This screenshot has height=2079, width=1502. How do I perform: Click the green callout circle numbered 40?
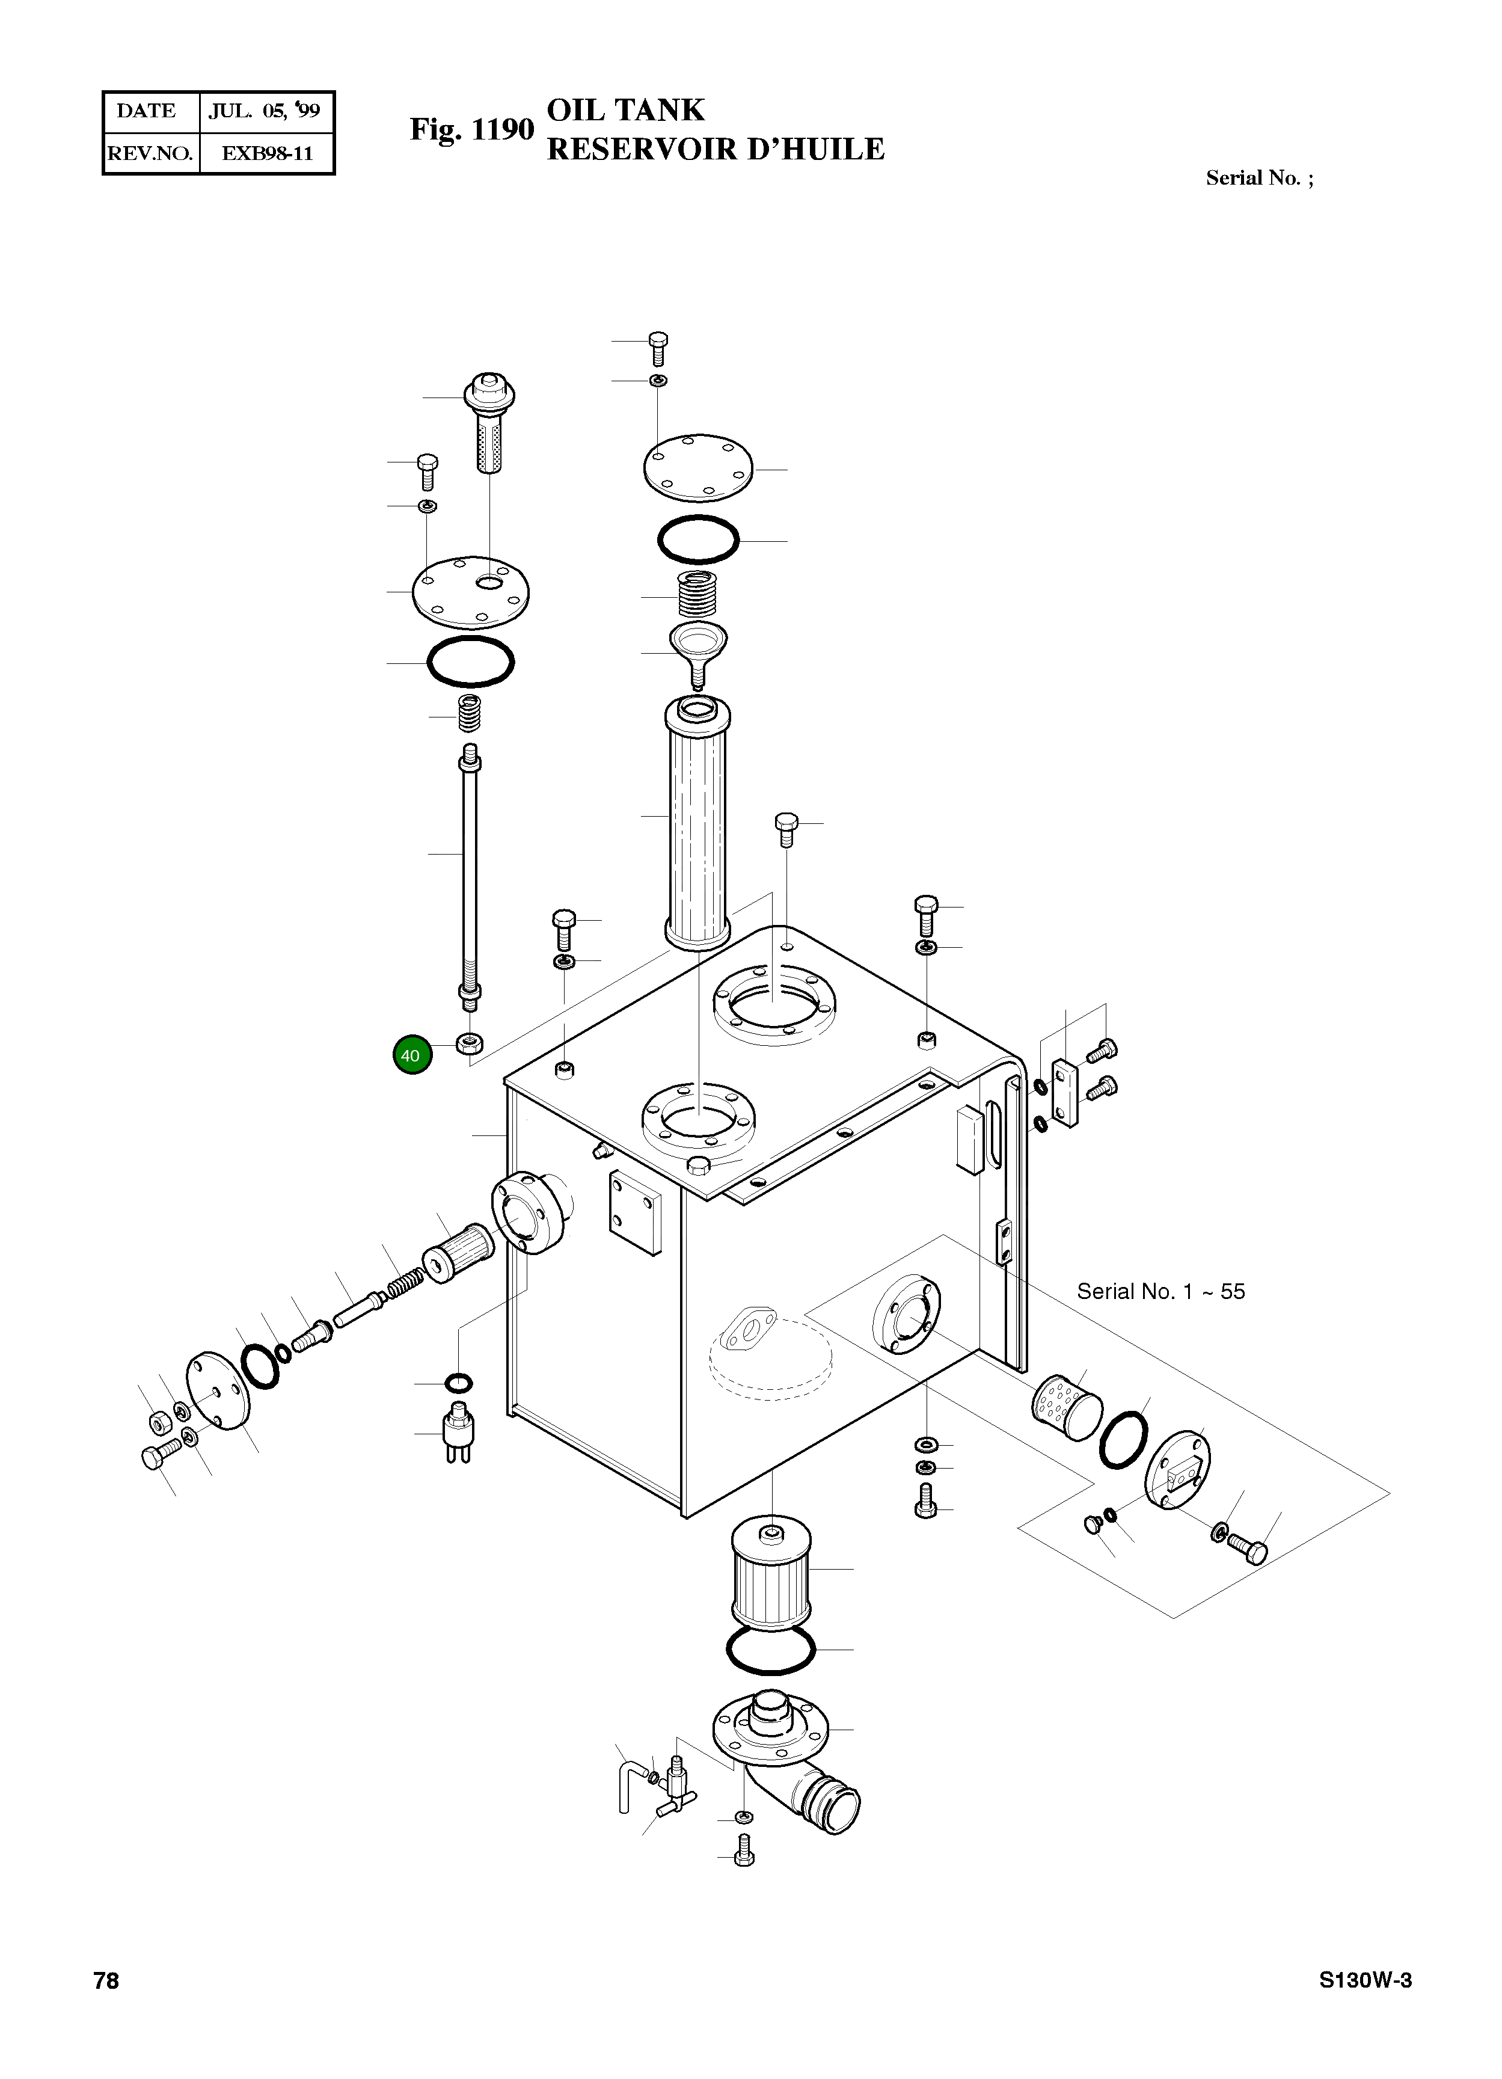(411, 1055)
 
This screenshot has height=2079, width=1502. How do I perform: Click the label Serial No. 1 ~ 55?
(1160, 1292)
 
